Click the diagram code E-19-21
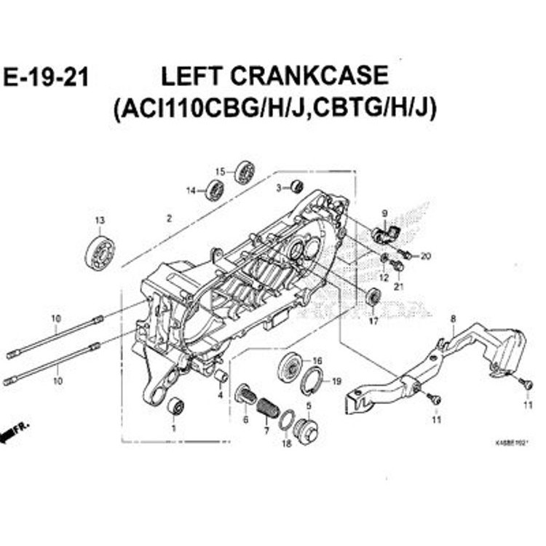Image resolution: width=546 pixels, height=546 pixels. click(46, 77)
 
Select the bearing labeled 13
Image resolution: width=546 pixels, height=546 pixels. click(100, 252)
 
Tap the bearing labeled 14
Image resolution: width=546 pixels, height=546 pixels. click(215, 191)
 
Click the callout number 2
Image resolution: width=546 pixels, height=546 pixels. click(169, 218)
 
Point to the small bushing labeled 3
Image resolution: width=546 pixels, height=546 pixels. click(296, 186)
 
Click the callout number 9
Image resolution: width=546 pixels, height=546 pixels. click(384, 213)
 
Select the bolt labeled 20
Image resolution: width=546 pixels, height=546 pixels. click(406, 255)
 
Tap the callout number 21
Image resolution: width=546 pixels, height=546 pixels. click(397, 286)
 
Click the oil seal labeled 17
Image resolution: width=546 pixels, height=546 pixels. click(372, 297)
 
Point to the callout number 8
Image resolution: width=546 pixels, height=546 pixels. click(453, 318)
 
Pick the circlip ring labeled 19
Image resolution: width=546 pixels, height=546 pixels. click(312, 381)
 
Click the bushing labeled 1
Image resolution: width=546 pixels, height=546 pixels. click(175, 406)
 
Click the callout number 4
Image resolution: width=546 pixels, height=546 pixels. click(219, 395)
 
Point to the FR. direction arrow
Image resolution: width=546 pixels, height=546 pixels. click(15, 432)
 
